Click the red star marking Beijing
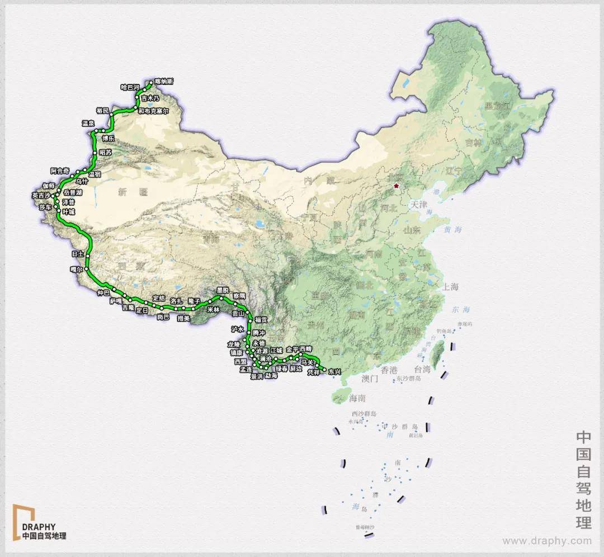397,186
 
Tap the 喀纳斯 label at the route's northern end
164,82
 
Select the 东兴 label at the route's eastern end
334,371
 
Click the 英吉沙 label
41,195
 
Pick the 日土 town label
77,254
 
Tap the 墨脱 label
223,290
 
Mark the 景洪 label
256,377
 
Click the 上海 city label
450,287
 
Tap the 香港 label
389,370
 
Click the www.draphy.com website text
546,541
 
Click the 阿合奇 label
60,171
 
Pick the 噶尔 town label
76,270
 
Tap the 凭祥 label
315,372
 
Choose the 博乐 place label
108,138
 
